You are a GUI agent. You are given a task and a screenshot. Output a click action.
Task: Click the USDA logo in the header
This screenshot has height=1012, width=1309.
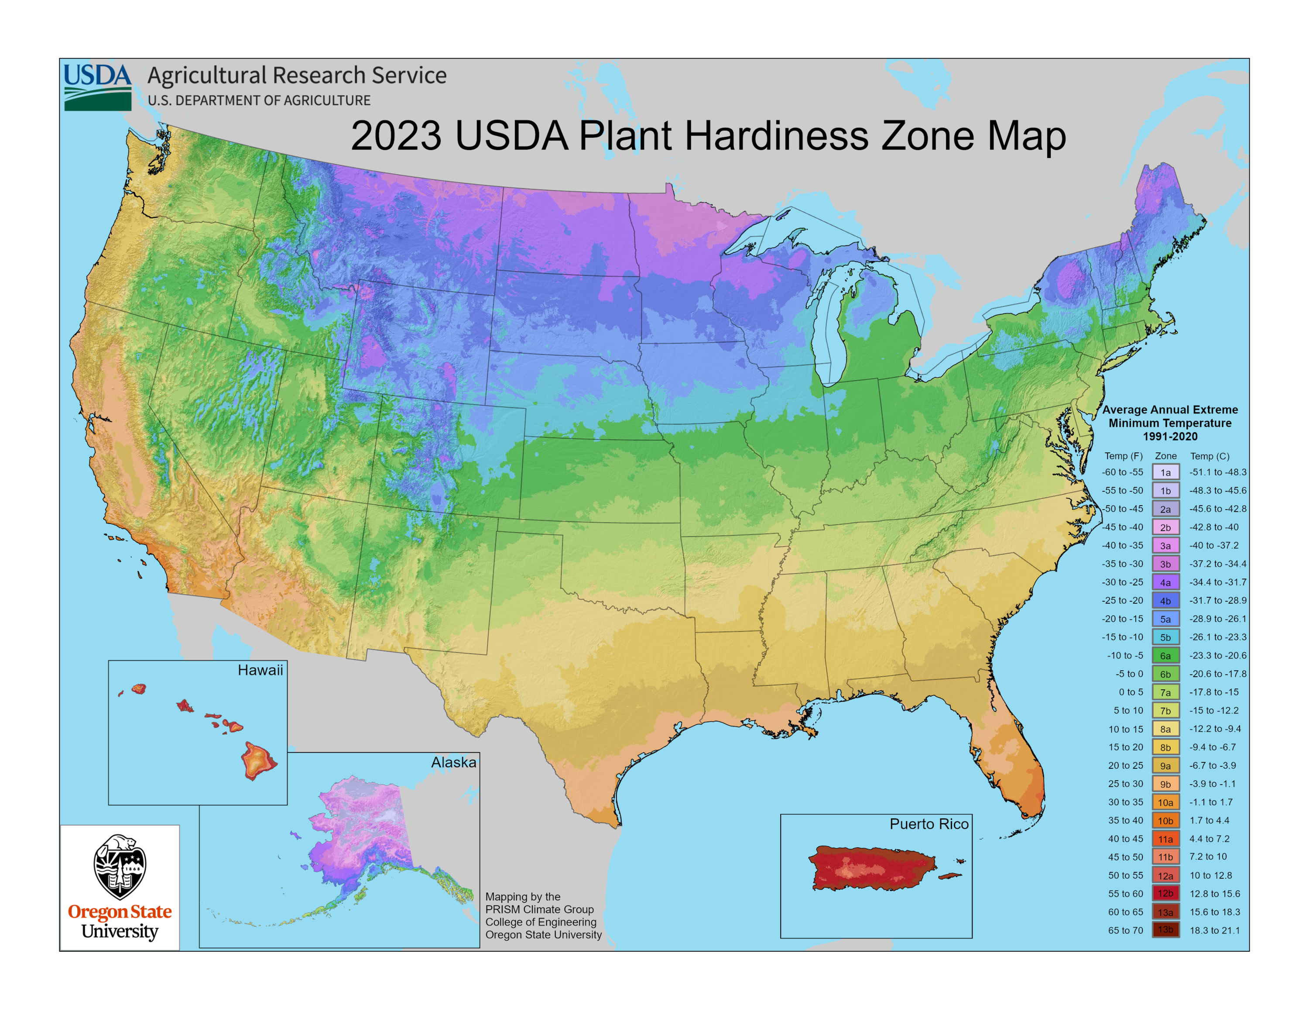tap(98, 87)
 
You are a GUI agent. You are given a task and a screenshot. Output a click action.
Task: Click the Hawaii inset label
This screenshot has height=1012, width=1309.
tap(260, 670)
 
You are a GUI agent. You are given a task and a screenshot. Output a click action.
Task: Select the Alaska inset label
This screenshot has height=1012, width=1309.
tap(454, 763)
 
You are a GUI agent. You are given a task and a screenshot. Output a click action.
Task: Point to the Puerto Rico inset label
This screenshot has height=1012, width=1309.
tap(929, 824)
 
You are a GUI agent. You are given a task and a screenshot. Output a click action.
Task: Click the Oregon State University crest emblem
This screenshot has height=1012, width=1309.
tap(120, 866)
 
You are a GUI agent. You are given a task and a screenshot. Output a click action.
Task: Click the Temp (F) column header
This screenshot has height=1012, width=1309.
tap(1123, 456)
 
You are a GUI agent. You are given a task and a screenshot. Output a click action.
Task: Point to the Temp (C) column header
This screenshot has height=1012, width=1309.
tap(1210, 456)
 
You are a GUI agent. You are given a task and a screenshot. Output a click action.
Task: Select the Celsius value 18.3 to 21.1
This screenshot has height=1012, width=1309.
tap(1214, 930)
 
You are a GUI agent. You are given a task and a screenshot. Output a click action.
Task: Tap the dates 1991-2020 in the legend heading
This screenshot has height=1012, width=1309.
tap(1170, 437)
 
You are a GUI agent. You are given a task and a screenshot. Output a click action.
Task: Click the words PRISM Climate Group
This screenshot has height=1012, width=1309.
tap(539, 909)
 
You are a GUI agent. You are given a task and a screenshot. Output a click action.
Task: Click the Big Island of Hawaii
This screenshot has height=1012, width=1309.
tap(258, 760)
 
